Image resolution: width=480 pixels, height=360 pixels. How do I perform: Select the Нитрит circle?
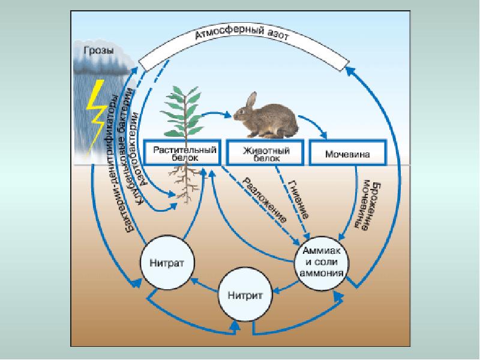click(x=245, y=295)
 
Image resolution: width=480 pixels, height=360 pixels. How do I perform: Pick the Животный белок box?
click(x=264, y=152)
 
